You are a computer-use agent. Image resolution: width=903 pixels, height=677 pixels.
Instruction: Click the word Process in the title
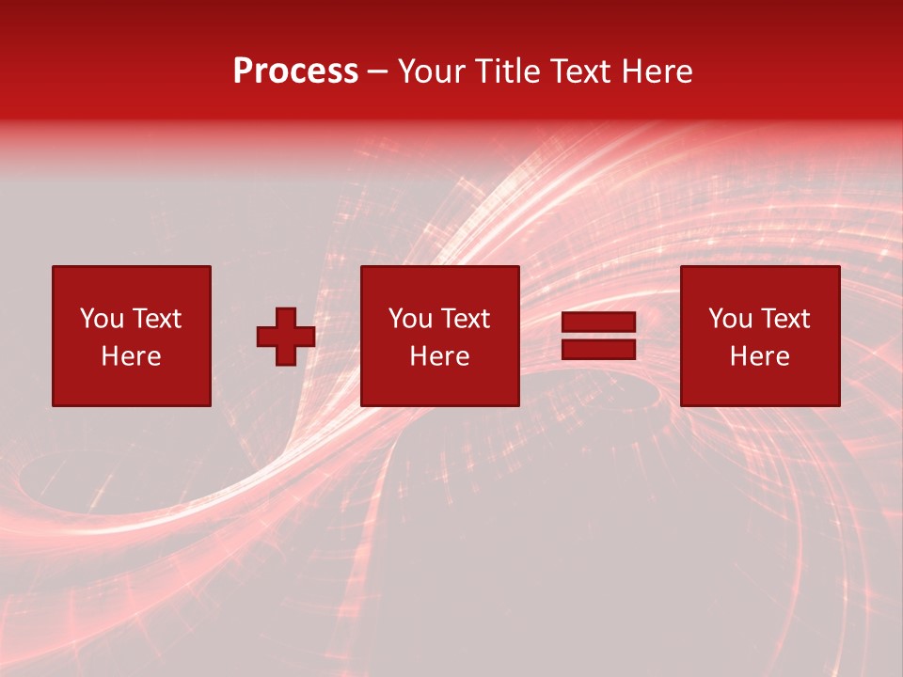295,71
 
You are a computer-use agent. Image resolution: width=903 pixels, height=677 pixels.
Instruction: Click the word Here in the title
657,71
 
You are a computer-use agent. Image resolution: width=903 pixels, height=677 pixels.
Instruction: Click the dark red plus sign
286,337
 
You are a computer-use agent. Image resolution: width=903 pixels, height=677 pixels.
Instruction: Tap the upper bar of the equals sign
598,323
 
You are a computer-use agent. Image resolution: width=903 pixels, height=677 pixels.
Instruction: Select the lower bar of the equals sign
598,349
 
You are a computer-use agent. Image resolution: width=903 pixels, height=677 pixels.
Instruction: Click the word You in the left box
102,319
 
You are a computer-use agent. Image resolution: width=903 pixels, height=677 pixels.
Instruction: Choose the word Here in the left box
131,356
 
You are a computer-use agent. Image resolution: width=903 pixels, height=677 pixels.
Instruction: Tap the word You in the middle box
410,319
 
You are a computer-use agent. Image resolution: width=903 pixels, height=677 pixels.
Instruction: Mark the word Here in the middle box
439,356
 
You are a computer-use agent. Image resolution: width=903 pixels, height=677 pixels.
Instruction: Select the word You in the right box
730,319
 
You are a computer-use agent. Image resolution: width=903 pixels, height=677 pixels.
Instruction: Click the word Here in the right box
759,356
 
